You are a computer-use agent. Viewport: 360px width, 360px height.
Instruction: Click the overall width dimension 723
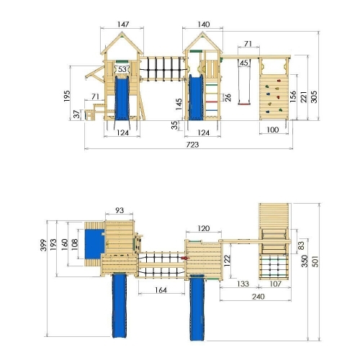(192, 145)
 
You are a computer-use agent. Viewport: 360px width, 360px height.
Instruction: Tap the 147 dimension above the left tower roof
(123, 24)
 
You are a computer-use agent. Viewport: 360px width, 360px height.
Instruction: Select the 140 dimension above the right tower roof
(204, 24)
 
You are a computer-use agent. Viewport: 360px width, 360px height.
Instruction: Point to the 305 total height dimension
(314, 96)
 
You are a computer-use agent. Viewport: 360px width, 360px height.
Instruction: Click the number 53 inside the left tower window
(122, 69)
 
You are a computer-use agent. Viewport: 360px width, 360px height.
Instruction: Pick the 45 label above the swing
(244, 63)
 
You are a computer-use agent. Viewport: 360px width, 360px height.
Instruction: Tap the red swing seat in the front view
(243, 104)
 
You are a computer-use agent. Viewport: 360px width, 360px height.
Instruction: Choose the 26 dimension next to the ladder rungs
(228, 97)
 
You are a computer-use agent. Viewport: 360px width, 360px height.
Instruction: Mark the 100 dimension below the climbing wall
(273, 130)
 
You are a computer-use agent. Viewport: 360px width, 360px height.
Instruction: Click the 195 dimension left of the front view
(67, 96)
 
